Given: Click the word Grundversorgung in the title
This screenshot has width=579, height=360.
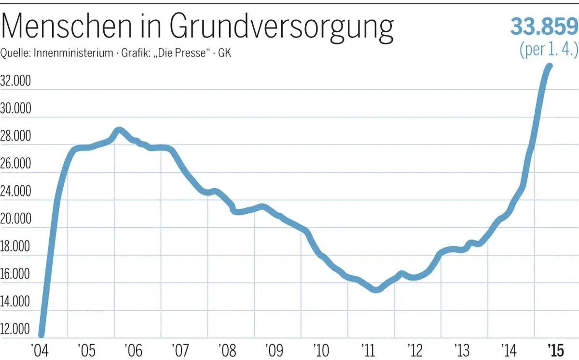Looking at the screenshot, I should pos(281,27).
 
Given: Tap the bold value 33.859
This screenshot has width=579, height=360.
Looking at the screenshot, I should pos(543,27).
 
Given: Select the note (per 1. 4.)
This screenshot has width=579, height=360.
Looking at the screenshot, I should pos(548,50).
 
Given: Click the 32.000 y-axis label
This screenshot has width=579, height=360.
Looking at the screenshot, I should pos(16,81).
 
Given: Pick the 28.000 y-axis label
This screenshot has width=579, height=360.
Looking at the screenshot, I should pos(16,137).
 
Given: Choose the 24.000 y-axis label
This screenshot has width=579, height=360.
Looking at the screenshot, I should pos(16,192).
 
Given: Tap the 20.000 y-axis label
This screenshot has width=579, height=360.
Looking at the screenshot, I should pos(16,219).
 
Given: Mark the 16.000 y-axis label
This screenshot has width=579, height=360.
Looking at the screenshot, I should pos(16,275).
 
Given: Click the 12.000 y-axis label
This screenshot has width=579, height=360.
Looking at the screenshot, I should pos(16,330).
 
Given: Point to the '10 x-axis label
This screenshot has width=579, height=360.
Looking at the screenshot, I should pos(321,349).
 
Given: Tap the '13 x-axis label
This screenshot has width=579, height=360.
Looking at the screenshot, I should pos(462,349).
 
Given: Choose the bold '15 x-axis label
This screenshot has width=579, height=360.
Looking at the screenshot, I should pos(556,349).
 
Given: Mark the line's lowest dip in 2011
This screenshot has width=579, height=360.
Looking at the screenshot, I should pos(376,289).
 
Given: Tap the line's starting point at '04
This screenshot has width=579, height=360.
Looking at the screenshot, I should pos(41,334).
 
